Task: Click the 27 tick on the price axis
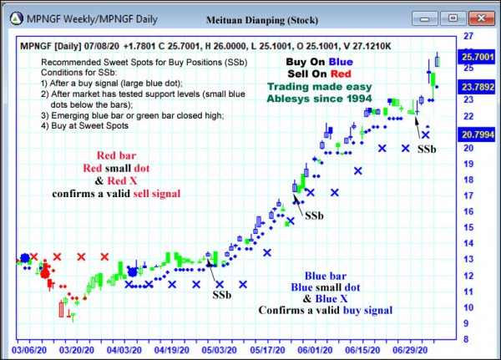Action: [468, 37]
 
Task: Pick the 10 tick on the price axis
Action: [468, 307]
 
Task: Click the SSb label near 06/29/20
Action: [426, 149]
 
